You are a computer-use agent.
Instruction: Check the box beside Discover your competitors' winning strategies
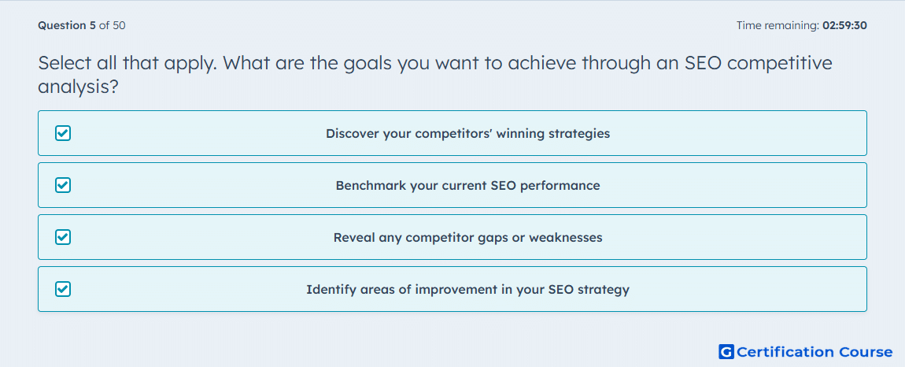tap(63, 134)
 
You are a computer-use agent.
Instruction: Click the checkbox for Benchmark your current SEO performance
tap(63, 186)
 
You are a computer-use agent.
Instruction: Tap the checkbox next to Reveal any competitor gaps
tap(63, 237)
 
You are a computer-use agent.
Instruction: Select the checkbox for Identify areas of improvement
tap(63, 289)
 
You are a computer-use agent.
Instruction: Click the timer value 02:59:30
tap(844, 25)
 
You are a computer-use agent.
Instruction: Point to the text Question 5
tap(67, 25)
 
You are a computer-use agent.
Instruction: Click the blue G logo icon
tap(726, 351)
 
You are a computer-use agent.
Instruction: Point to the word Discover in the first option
tap(352, 134)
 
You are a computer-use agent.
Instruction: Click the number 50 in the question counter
tap(119, 25)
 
